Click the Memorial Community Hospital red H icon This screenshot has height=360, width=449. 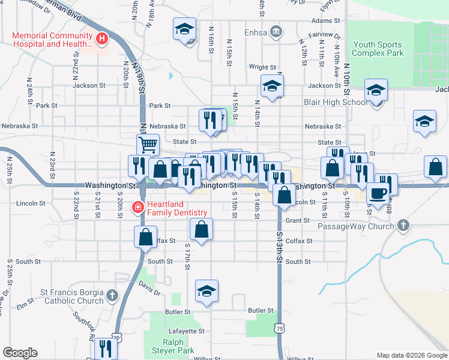tap(102, 40)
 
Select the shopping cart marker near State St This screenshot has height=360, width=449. tap(147, 145)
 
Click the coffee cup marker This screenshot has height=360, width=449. tap(378, 194)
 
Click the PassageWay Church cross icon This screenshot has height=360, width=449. tap(403, 226)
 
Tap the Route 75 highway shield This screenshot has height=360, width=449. tap(280, 329)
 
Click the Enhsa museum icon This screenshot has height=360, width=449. tap(276, 31)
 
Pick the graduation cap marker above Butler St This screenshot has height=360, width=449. tap(207, 291)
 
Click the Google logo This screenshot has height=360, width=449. tap(20, 353)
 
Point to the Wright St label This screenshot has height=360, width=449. tap(262, 67)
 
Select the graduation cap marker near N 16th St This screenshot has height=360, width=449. tap(185, 28)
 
